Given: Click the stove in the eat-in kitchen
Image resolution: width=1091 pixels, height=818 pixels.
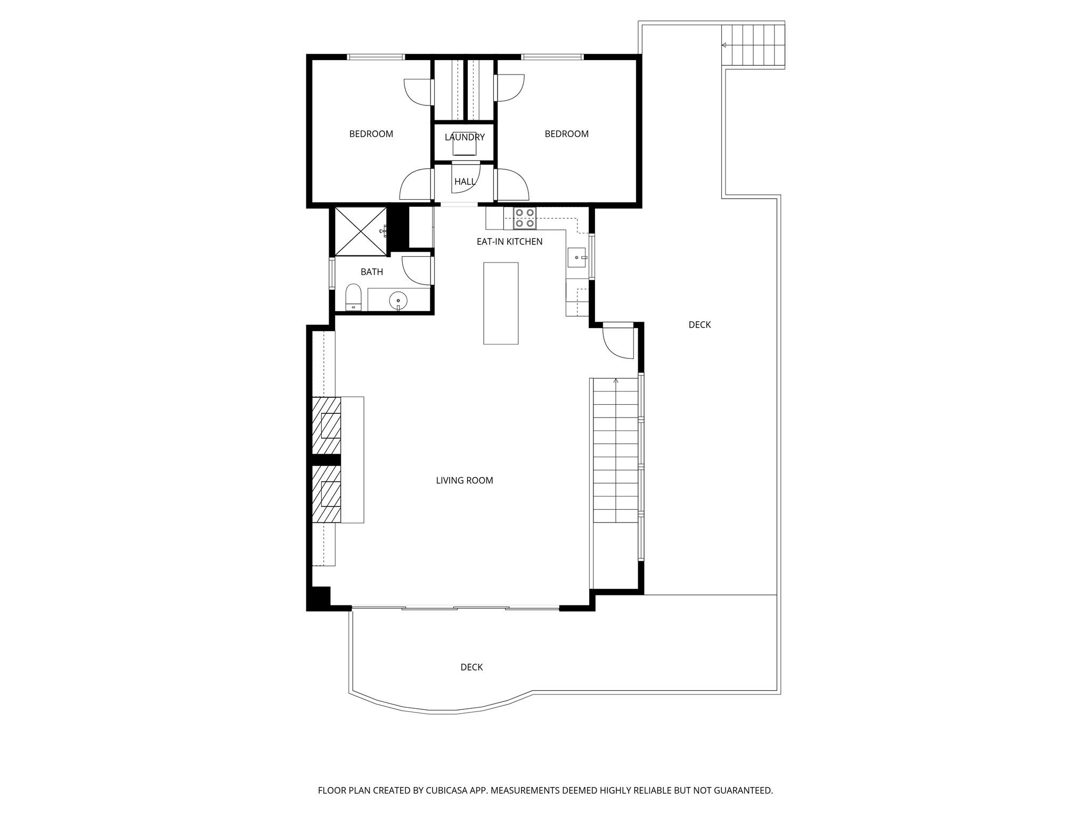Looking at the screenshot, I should (x=525, y=218).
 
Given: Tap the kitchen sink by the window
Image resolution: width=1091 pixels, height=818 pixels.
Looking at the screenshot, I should (x=576, y=257).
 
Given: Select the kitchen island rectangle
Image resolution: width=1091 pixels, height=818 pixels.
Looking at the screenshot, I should (x=501, y=303).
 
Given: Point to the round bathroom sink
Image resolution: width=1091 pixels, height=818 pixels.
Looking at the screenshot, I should (x=398, y=301).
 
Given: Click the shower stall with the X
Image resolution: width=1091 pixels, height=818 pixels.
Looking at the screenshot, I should (x=360, y=232).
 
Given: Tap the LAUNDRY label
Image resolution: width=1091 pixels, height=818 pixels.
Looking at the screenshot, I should (x=465, y=137).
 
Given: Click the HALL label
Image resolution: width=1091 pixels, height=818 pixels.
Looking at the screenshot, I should (x=465, y=182).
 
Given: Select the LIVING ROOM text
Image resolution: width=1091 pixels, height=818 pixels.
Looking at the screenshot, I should (x=465, y=480).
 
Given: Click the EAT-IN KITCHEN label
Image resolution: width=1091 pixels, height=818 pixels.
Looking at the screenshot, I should (x=509, y=242).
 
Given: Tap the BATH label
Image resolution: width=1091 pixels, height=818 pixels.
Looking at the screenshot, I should (x=372, y=272).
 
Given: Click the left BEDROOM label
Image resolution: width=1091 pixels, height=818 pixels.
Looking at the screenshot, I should (x=371, y=134).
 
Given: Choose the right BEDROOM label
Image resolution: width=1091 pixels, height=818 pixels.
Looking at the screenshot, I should (x=566, y=134).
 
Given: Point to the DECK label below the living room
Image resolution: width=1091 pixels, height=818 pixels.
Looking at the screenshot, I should (x=471, y=667).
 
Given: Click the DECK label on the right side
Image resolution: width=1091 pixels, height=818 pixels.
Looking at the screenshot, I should (x=699, y=325).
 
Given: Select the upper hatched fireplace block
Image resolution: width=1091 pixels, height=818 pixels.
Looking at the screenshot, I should (x=326, y=426).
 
